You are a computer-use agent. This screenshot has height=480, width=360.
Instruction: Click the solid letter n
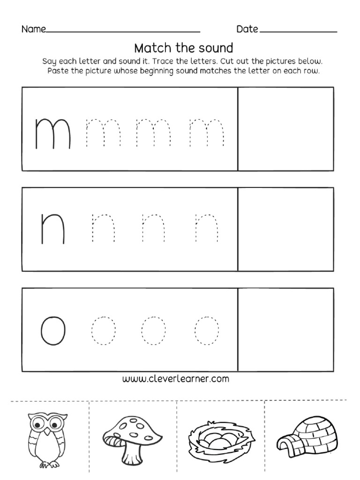point(52,229)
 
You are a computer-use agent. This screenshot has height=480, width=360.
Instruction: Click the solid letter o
point(52,330)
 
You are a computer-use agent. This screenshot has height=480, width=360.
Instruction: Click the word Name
point(33,30)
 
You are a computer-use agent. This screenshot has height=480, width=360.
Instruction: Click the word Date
point(247,30)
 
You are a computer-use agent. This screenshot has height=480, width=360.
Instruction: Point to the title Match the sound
point(183,48)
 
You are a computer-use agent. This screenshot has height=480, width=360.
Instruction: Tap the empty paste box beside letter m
point(286,129)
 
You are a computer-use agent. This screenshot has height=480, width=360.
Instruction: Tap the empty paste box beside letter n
point(286,229)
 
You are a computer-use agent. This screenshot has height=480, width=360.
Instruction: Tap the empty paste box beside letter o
point(286,330)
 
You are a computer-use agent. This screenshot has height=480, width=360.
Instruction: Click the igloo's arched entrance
point(285,444)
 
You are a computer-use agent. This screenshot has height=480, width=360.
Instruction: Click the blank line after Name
point(123,31)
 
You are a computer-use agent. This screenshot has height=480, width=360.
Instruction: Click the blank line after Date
point(298,31)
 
